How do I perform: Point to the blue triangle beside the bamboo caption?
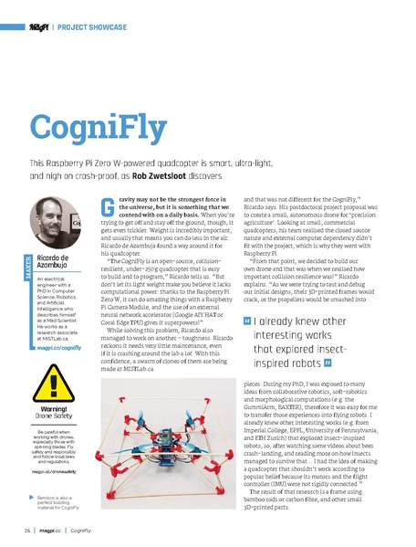pos(29,497)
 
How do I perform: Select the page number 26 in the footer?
pos(29,529)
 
